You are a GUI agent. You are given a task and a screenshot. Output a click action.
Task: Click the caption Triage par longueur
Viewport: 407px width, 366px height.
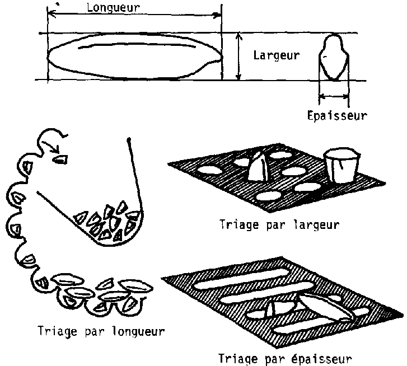click(100, 330)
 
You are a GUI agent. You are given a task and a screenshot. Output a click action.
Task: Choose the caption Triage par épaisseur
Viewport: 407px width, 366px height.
click(286, 358)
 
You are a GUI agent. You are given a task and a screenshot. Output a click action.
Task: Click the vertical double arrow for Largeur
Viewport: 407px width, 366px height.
click(239, 56)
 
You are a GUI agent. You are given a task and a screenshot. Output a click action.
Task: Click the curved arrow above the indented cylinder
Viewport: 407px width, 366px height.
click(53, 137)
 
